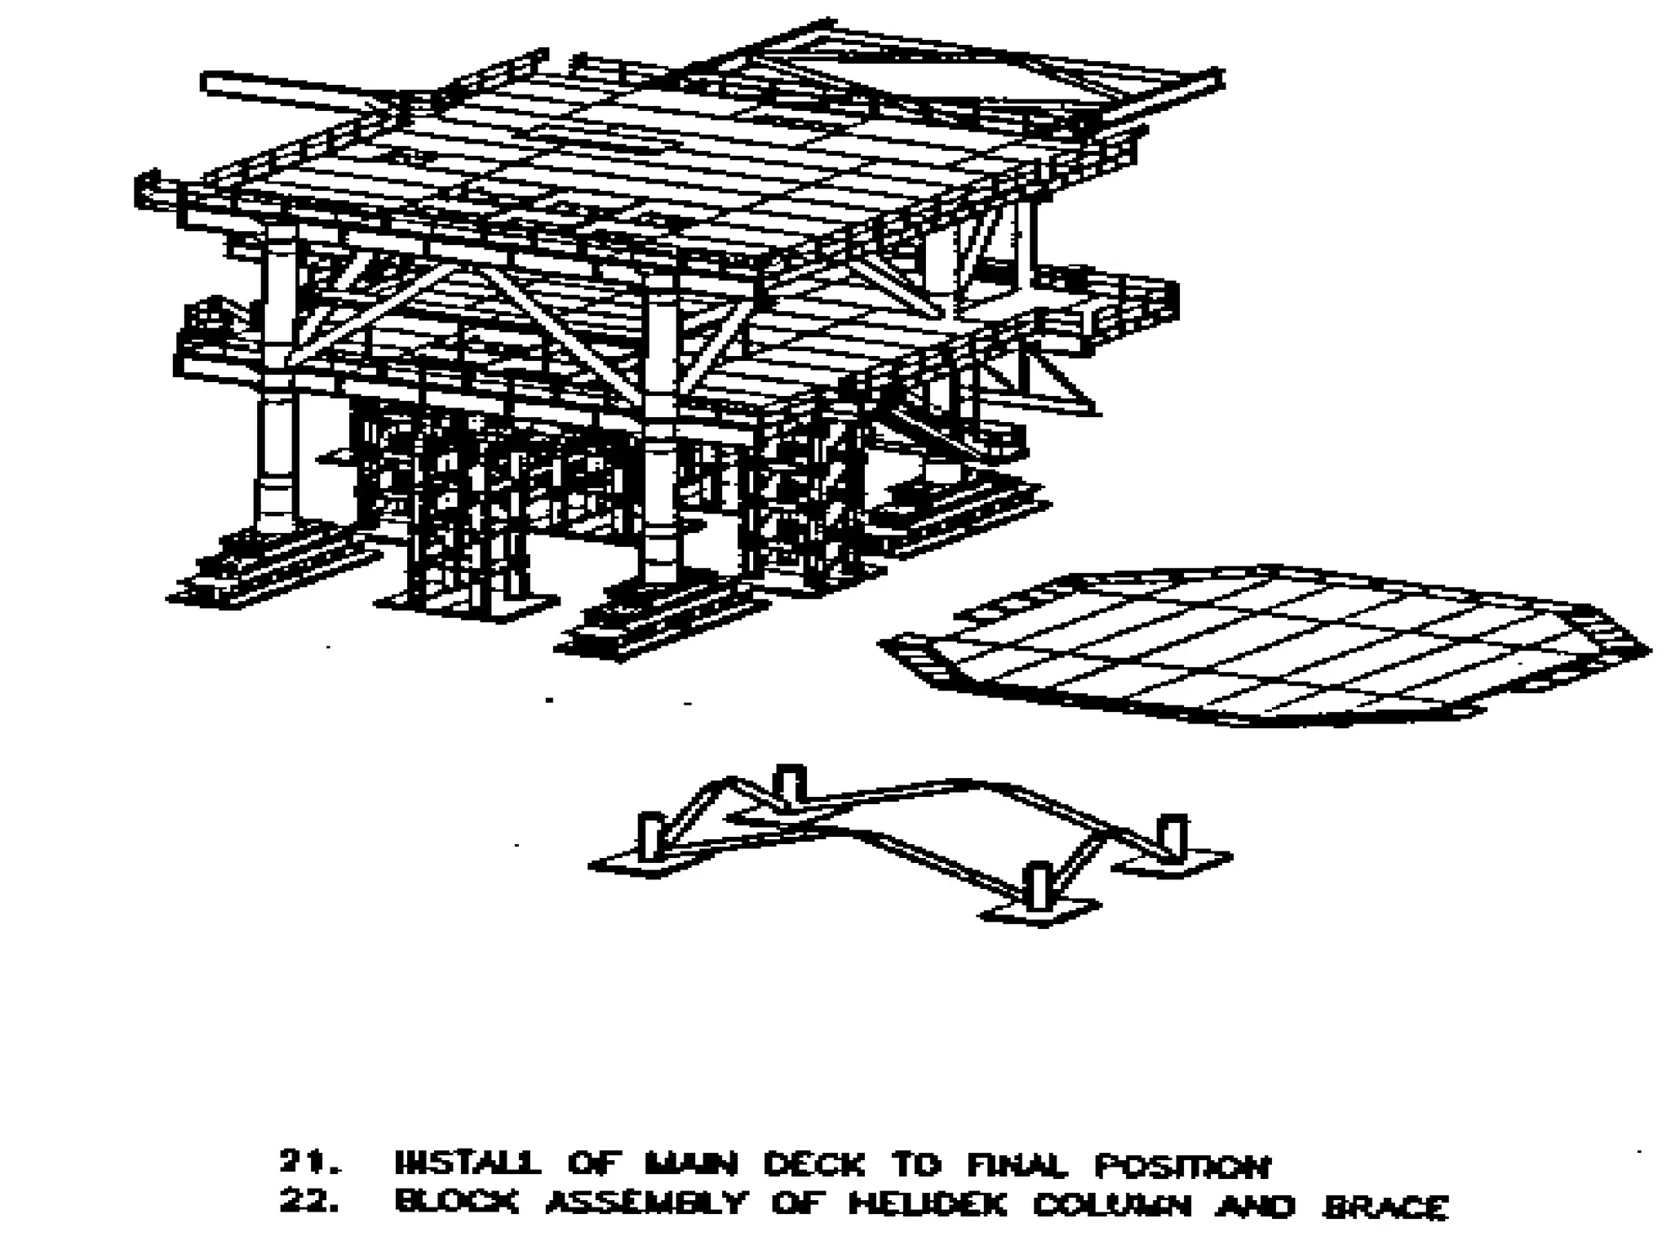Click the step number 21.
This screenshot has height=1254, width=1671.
pyautogui.click(x=308, y=1163)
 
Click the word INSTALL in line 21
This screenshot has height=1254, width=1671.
pyautogui.click(x=468, y=1163)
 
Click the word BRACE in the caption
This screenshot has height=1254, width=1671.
pyautogui.click(x=1385, y=1206)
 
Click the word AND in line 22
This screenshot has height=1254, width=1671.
pyautogui.click(x=1254, y=1205)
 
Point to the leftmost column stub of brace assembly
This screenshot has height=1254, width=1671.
pyautogui.click(x=651, y=834)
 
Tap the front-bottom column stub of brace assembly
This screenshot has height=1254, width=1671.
pyautogui.click(x=1038, y=885)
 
